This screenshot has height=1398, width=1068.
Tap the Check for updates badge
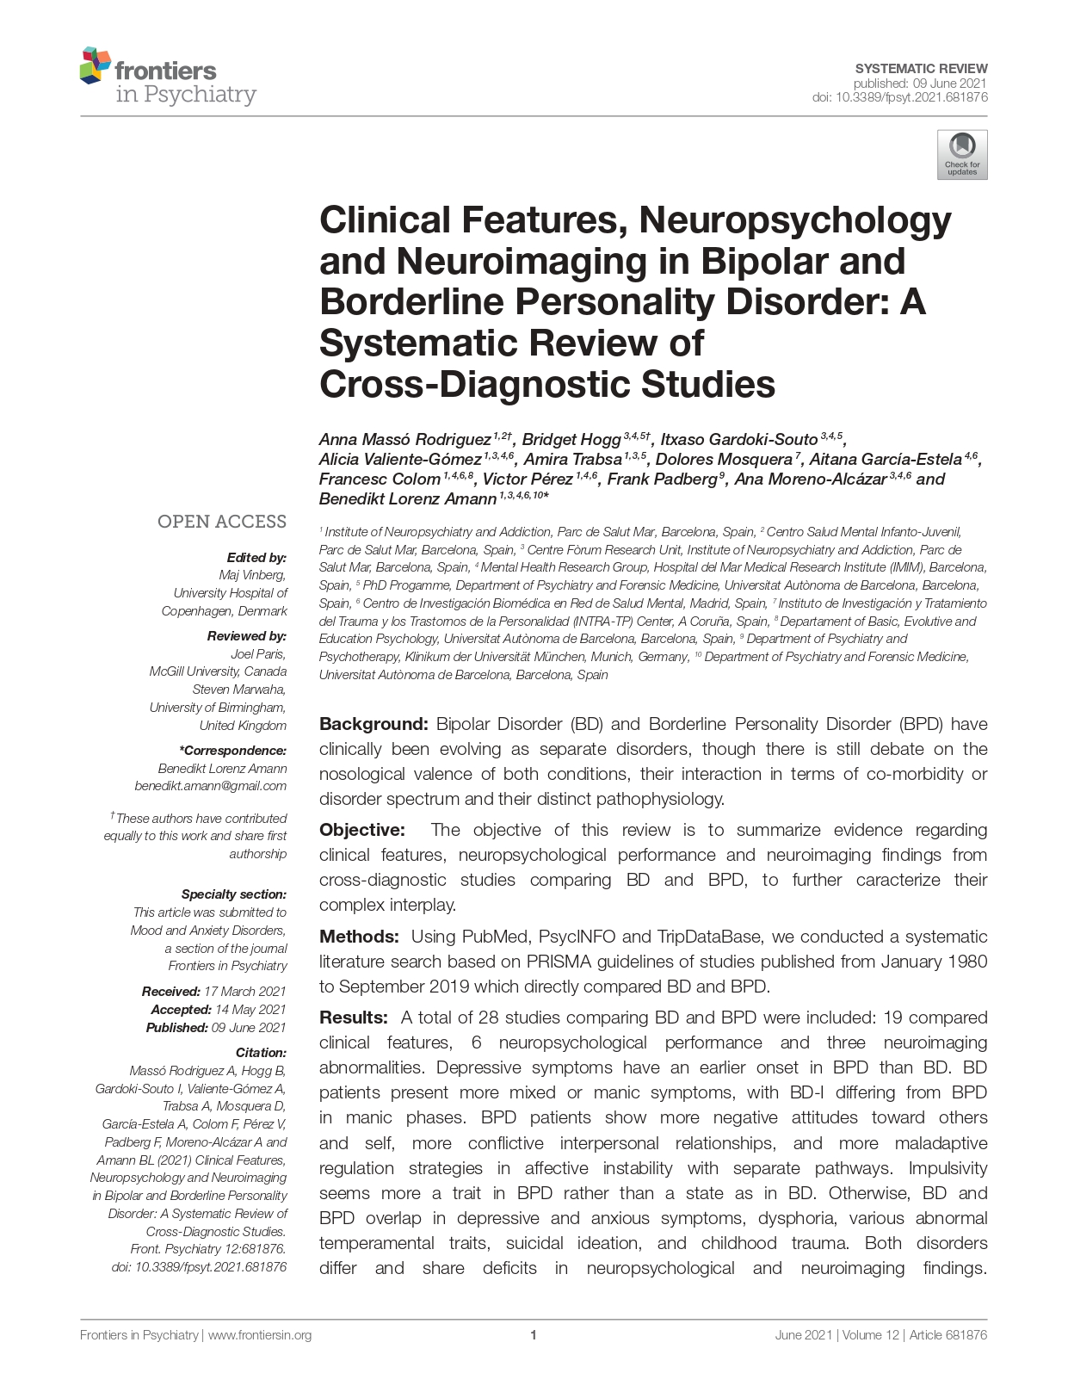pyautogui.click(x=962, y=155)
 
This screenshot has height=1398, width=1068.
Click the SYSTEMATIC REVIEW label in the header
pyautogui.click(x=921, y=68)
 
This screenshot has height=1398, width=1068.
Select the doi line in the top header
pyautogui.click(x=899, y=97)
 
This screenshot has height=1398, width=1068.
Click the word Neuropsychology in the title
pyautogui.click(x=795, y=220)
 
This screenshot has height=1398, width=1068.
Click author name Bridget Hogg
pyautogui.click(x=571, y=440)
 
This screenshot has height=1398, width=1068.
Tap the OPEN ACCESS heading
pyautogui.click(x=221, y=522)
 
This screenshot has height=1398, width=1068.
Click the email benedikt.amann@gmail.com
pyautogui.click(x=211, y=786)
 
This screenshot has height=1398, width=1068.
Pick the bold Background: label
pyautogui.click(x=373, y=724)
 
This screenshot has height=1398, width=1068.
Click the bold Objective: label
pyautogui.click(x=361, y=830)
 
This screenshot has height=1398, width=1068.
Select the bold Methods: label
pyautogui.click(x=359, y=937)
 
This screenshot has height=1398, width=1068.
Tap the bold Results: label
pyautogui.click(x=354, y=1018)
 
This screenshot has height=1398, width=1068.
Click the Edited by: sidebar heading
pyautogui.click(x=256, y=558)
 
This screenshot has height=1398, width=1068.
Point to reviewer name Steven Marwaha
pyautogui.click(x=239, y=690)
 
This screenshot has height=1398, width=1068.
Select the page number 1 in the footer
pyautogui.click(x=534, y=1335)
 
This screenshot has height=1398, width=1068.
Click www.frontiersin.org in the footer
pyautogui.click(x=260, y=1335)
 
